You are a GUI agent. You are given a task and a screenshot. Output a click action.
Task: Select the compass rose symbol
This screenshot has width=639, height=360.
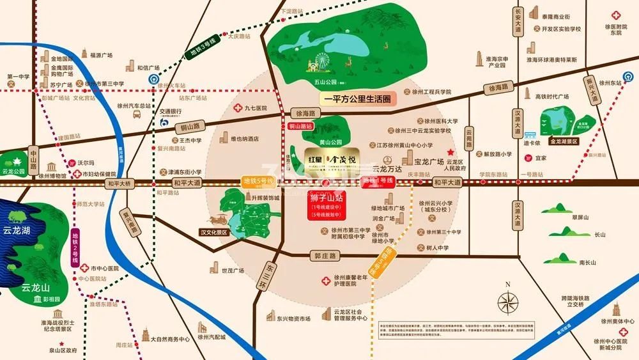coord(508,302)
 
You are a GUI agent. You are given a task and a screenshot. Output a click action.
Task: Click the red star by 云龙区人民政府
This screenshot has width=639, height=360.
coord(450,152)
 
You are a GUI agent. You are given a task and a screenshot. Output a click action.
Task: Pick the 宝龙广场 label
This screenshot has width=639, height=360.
coord(429,162)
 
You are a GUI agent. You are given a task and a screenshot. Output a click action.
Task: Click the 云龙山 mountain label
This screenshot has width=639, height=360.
coord(35,288)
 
